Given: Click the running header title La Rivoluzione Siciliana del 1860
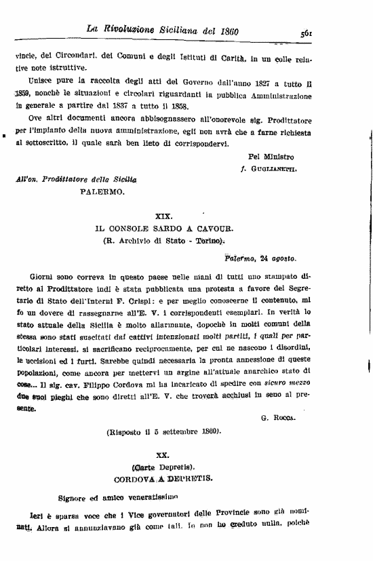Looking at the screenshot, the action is (166, 30).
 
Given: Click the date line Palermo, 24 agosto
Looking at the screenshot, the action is (260, 258).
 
